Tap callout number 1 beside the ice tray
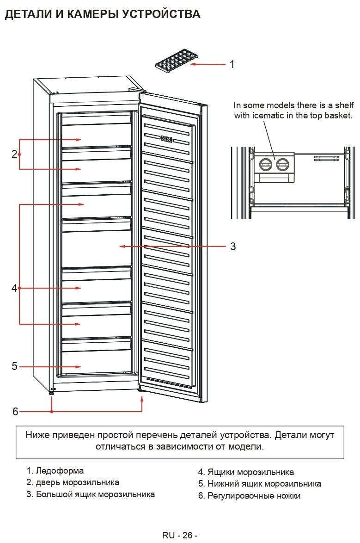[232, 64]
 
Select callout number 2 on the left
[14, 154]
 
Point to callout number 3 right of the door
[233, 247]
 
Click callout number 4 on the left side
[14, 288]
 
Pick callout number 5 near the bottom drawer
[14, 366]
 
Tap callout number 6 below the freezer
[15, 411]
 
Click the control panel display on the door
[167, 139]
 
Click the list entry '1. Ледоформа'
[55, 471]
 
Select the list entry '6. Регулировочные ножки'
[249, 496]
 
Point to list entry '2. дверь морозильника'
[73, 482]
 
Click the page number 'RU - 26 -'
[180, 535]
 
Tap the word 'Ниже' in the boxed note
[38, 435]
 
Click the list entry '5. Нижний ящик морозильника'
[259, 484]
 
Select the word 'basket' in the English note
[340, 115]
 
